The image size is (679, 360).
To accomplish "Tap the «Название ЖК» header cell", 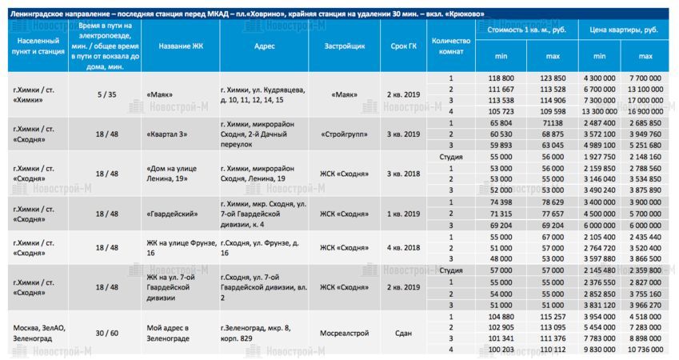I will pos(181,46).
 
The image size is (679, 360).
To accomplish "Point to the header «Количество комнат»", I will pos(451,46).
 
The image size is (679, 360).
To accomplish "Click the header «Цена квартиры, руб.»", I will pos(624,29).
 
